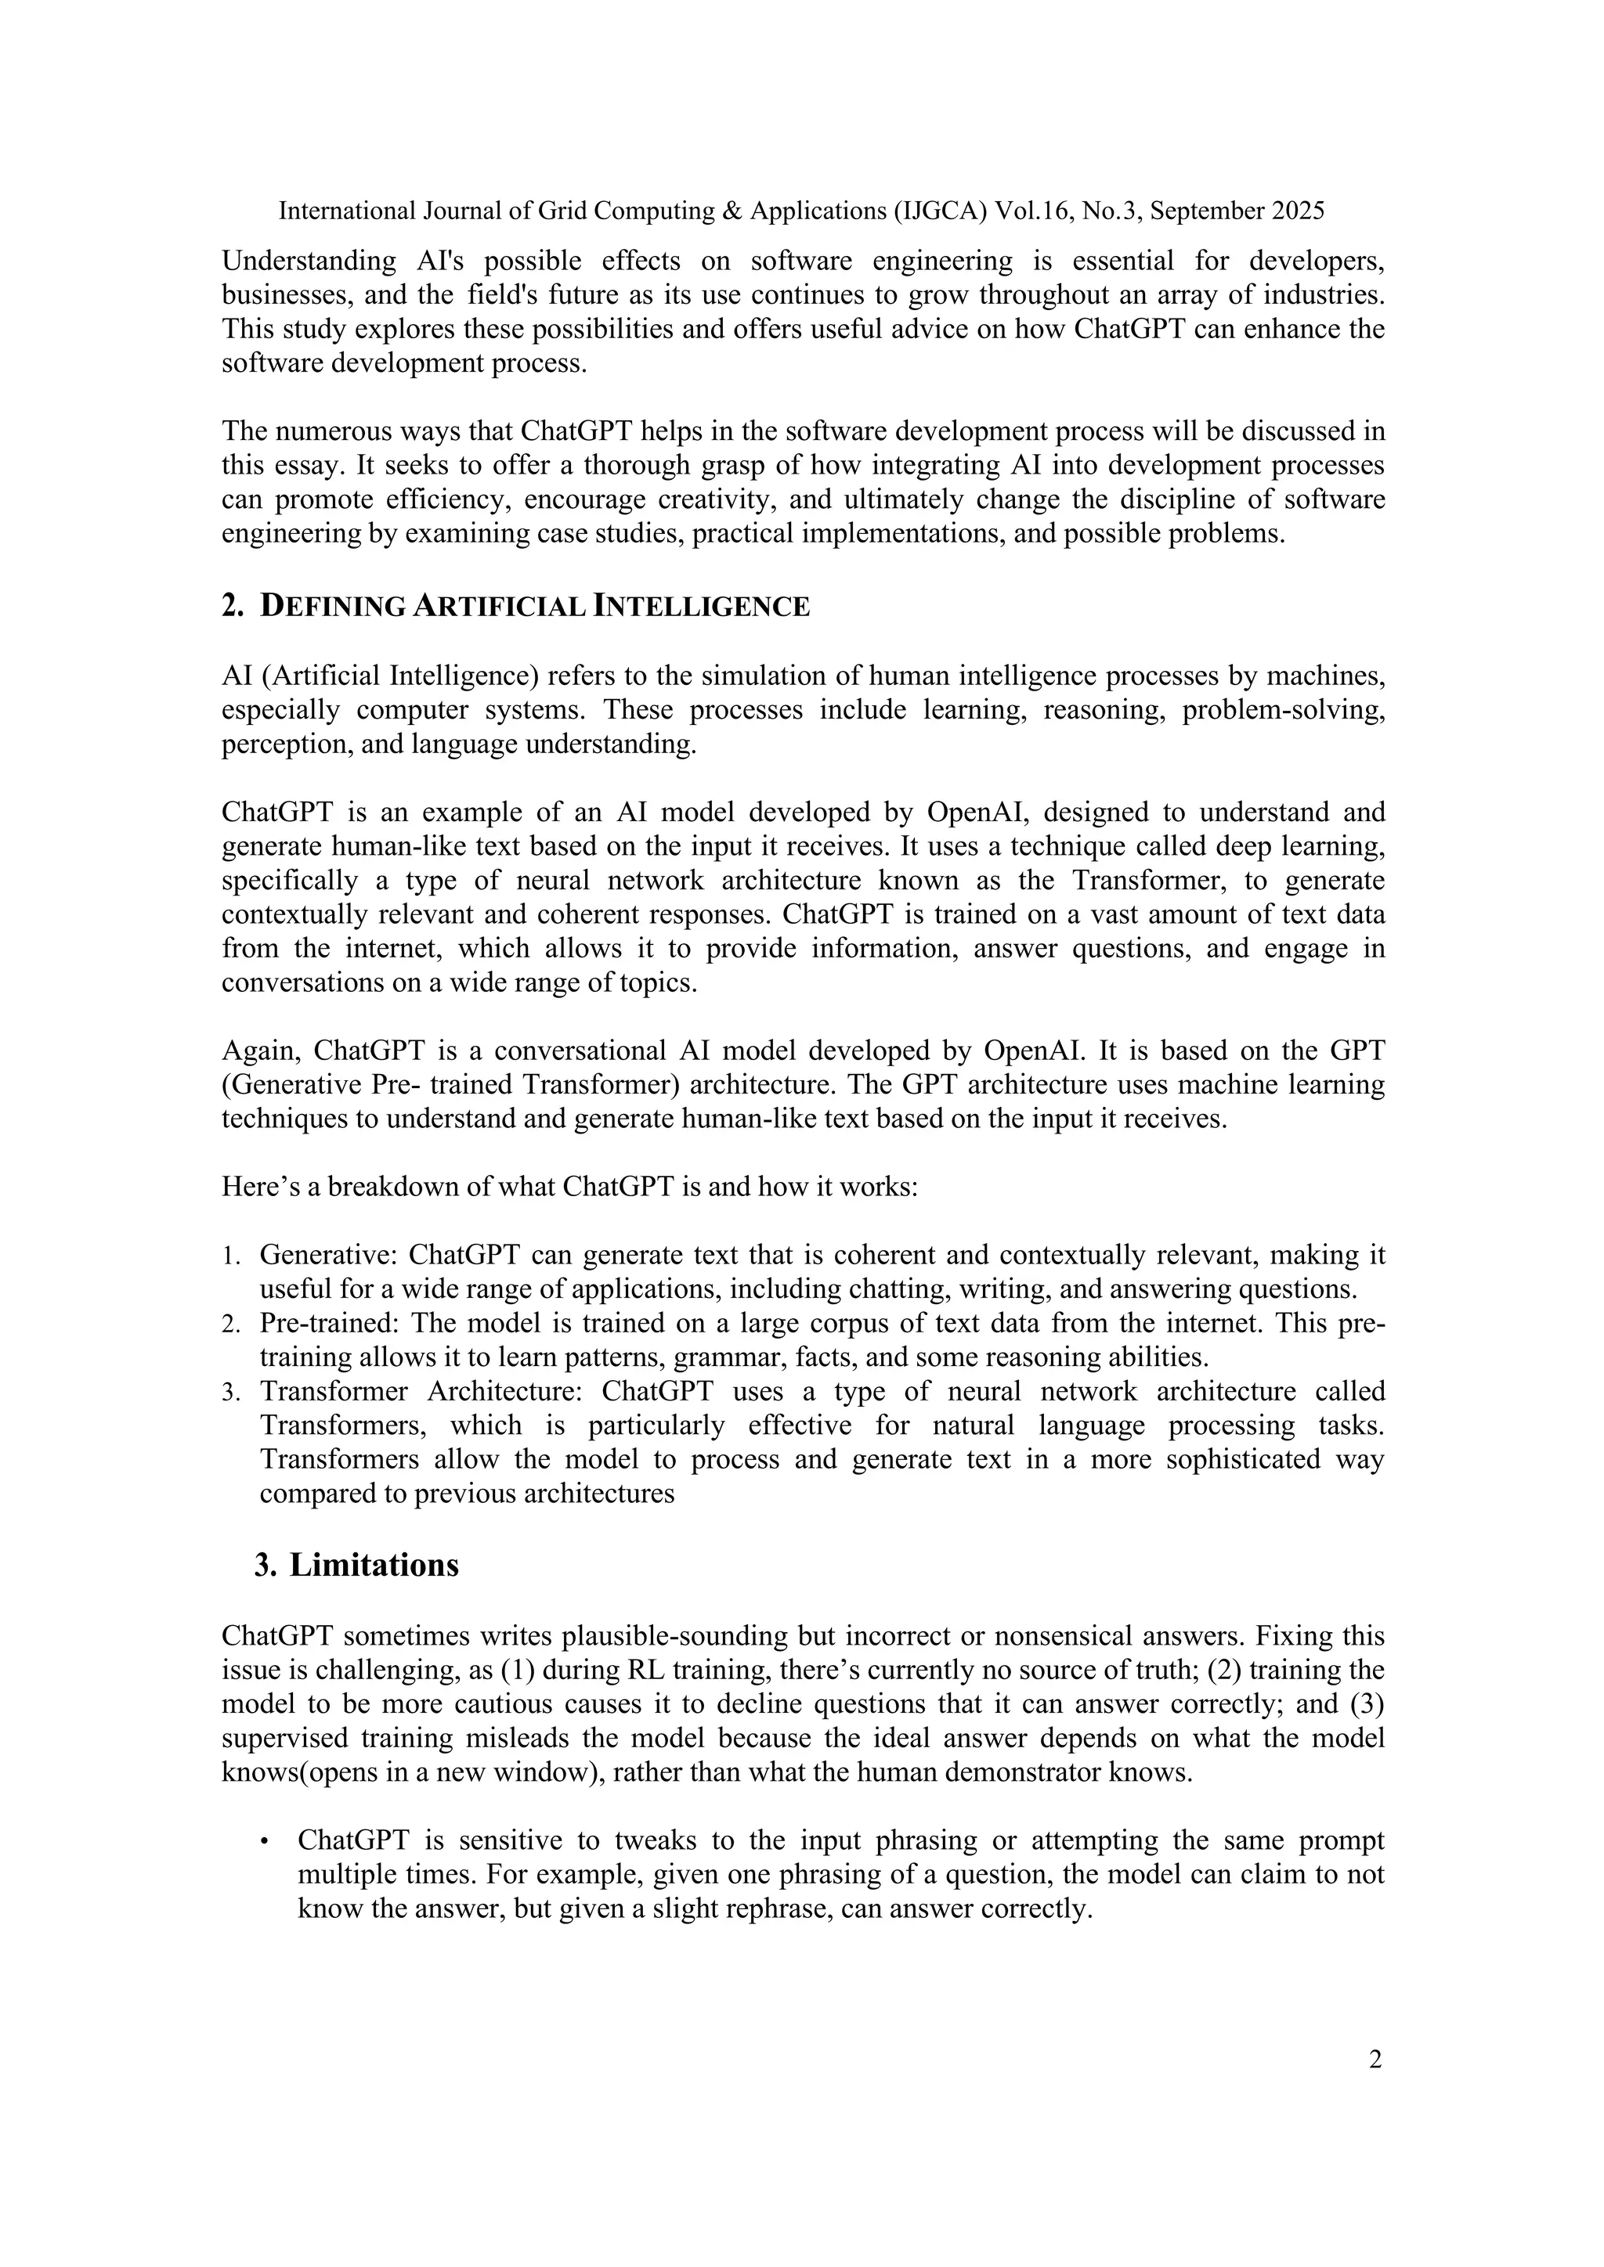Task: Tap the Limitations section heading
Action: point(374,1565)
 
